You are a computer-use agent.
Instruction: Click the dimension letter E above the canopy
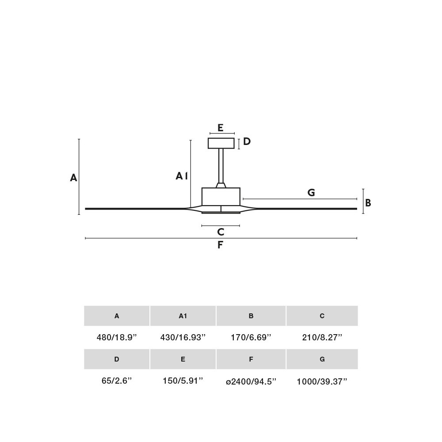pyautogui.click(x=221, y=128)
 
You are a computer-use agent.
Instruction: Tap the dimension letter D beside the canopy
pyautogui.click(x=247, y=141)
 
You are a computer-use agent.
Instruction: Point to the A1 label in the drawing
pyautogui.click(x=182, y=176)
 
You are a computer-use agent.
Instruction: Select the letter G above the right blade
pyautogui.click(x=311, y=193)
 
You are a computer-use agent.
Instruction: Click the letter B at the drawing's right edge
pyautogui.click(x=368, y=203)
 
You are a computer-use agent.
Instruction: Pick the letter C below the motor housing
pyautogui.click(x=221, y=232)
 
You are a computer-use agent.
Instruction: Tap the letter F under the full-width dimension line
pyautogui.click(x=220, y=245)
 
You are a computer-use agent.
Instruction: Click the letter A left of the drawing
pyautogui.click(x=73, y=178)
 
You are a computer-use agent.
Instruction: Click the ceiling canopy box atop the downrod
pyautogui.click(x=221, y=143)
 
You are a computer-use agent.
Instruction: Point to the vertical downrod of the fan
pyautogui.click(x=221, y=166)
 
